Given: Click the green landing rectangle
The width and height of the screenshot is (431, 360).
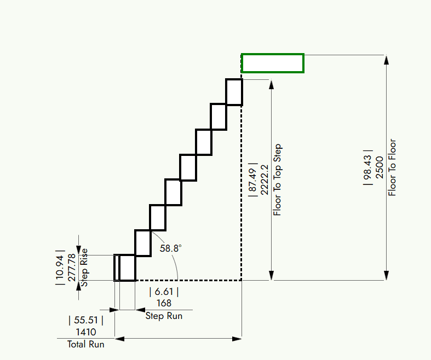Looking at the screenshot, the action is pyautogui.click(x=272, y=54).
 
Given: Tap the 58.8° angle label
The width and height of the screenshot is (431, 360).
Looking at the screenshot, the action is pyautogui.click(x=170, y=248).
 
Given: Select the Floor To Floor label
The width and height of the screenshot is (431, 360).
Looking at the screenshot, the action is pyautogui.click(x=392, y=167).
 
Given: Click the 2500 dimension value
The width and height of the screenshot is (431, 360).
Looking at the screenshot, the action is pyautogui.click(x=380, y=167).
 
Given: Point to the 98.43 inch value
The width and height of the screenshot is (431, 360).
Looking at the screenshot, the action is pyautogui.click(x=367, y=167).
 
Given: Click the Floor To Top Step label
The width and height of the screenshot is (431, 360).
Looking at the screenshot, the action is pyautogui.click(x=277, y=179).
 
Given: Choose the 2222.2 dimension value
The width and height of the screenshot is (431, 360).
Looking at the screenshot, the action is pyautogui.click(x=264, y=180).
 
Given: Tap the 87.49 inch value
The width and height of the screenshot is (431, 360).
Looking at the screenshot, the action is pyautogui.click(x=252, y=180).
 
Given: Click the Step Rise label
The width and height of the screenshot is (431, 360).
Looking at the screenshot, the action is pyautogui.click(x=84, y=268).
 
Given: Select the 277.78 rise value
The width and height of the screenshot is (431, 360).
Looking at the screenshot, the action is pyautogui.click(x=72, y=268).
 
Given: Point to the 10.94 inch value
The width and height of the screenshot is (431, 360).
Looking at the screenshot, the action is pyautogui.click(x=60, y=268).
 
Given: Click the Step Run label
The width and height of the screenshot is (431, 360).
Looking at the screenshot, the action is pyautogui.click(x=164, y=316).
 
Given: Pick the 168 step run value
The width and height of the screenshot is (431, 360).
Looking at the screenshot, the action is pyautogui.click(x=164, y=303).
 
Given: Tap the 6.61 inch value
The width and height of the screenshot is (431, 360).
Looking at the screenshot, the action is pyautogui.click(x=164, y=292).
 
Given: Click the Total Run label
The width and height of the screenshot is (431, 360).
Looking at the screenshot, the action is pyautogui.click(x=86, y=344).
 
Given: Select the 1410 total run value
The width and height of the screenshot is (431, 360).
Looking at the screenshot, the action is pyautogui.click(x=86, y=332).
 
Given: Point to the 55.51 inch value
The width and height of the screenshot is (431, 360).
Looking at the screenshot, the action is pyautogui.click(x=86, y=320).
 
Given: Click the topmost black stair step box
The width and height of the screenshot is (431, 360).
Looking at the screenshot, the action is pyautogui.click(x=234, y=80).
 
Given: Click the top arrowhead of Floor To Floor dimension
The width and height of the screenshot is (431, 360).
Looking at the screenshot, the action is pyautogui.click(x=387, y=60).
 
